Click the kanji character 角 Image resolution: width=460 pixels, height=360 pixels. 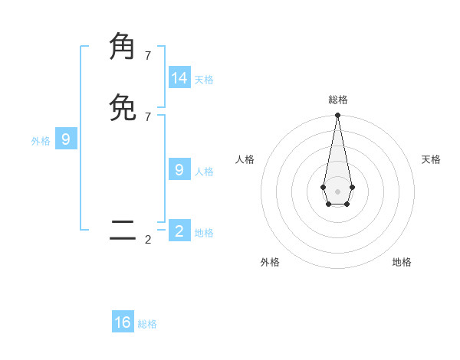pos(123,47)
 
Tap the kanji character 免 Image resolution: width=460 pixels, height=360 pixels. pos(123,107)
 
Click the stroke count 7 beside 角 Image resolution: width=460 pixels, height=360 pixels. pos(148,56)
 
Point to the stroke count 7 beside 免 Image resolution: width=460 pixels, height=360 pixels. pos(148,116)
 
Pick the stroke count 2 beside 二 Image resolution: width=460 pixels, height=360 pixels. pos(148,240)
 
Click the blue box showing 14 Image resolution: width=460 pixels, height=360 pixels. pos(179,78)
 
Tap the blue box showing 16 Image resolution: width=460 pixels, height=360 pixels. pos(123,322)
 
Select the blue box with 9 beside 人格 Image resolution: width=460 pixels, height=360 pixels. pos(179,170)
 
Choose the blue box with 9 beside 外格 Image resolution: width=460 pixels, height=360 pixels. pos(66,139)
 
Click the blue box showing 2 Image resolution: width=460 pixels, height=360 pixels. pos(179,231)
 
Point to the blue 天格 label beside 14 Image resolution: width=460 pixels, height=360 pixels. pos(204,80)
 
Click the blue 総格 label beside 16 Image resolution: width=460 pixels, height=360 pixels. pos(147,324)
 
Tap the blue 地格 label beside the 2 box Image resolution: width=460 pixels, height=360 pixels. pos(204,233)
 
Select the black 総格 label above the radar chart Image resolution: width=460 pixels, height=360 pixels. pos(338,100)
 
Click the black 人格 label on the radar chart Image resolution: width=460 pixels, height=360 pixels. pos(245,159)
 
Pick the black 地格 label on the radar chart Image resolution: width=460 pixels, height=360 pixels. pos(402,262)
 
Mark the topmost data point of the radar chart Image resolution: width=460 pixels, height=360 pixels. pos(337,116)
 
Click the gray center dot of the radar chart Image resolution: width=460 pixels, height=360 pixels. pos(337,191)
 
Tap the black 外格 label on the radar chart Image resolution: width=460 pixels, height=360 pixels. pos(270,262)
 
